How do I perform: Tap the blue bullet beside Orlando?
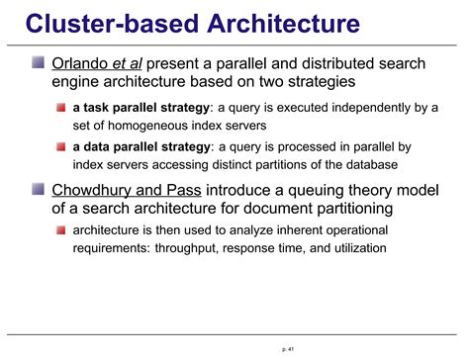39,64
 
